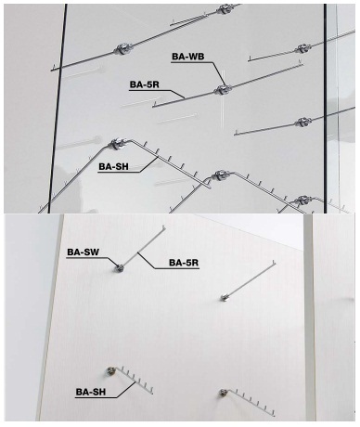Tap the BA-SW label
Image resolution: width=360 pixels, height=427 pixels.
click(x=84, y=252)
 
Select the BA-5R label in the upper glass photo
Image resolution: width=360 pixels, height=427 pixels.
click(x=144, y=84)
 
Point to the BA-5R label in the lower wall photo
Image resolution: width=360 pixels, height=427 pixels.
click(x=184, y=263)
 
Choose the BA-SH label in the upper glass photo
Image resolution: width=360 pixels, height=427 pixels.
click(x=113, y=166)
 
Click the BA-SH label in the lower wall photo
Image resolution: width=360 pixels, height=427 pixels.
click(x=91, y=392)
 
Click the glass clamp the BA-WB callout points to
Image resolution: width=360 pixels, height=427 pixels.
click(x=223, y=90)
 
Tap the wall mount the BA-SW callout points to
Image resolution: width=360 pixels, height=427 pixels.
click(x=119, y=268)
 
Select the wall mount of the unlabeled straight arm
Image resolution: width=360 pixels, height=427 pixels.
click(x=225, y=298)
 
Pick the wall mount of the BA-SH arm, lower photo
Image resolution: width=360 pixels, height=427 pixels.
click(x=110, y=370)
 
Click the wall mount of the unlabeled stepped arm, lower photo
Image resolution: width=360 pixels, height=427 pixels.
click(x=223, y=393)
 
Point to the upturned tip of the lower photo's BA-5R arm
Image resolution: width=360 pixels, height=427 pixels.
click(x=163, y=228)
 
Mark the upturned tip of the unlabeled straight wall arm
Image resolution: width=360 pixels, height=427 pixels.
click(x=274, y=264)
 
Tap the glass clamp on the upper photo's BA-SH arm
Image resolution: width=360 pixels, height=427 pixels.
click(x=117, y=144)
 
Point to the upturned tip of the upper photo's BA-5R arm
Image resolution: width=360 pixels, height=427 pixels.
click(x=154, y=104)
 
